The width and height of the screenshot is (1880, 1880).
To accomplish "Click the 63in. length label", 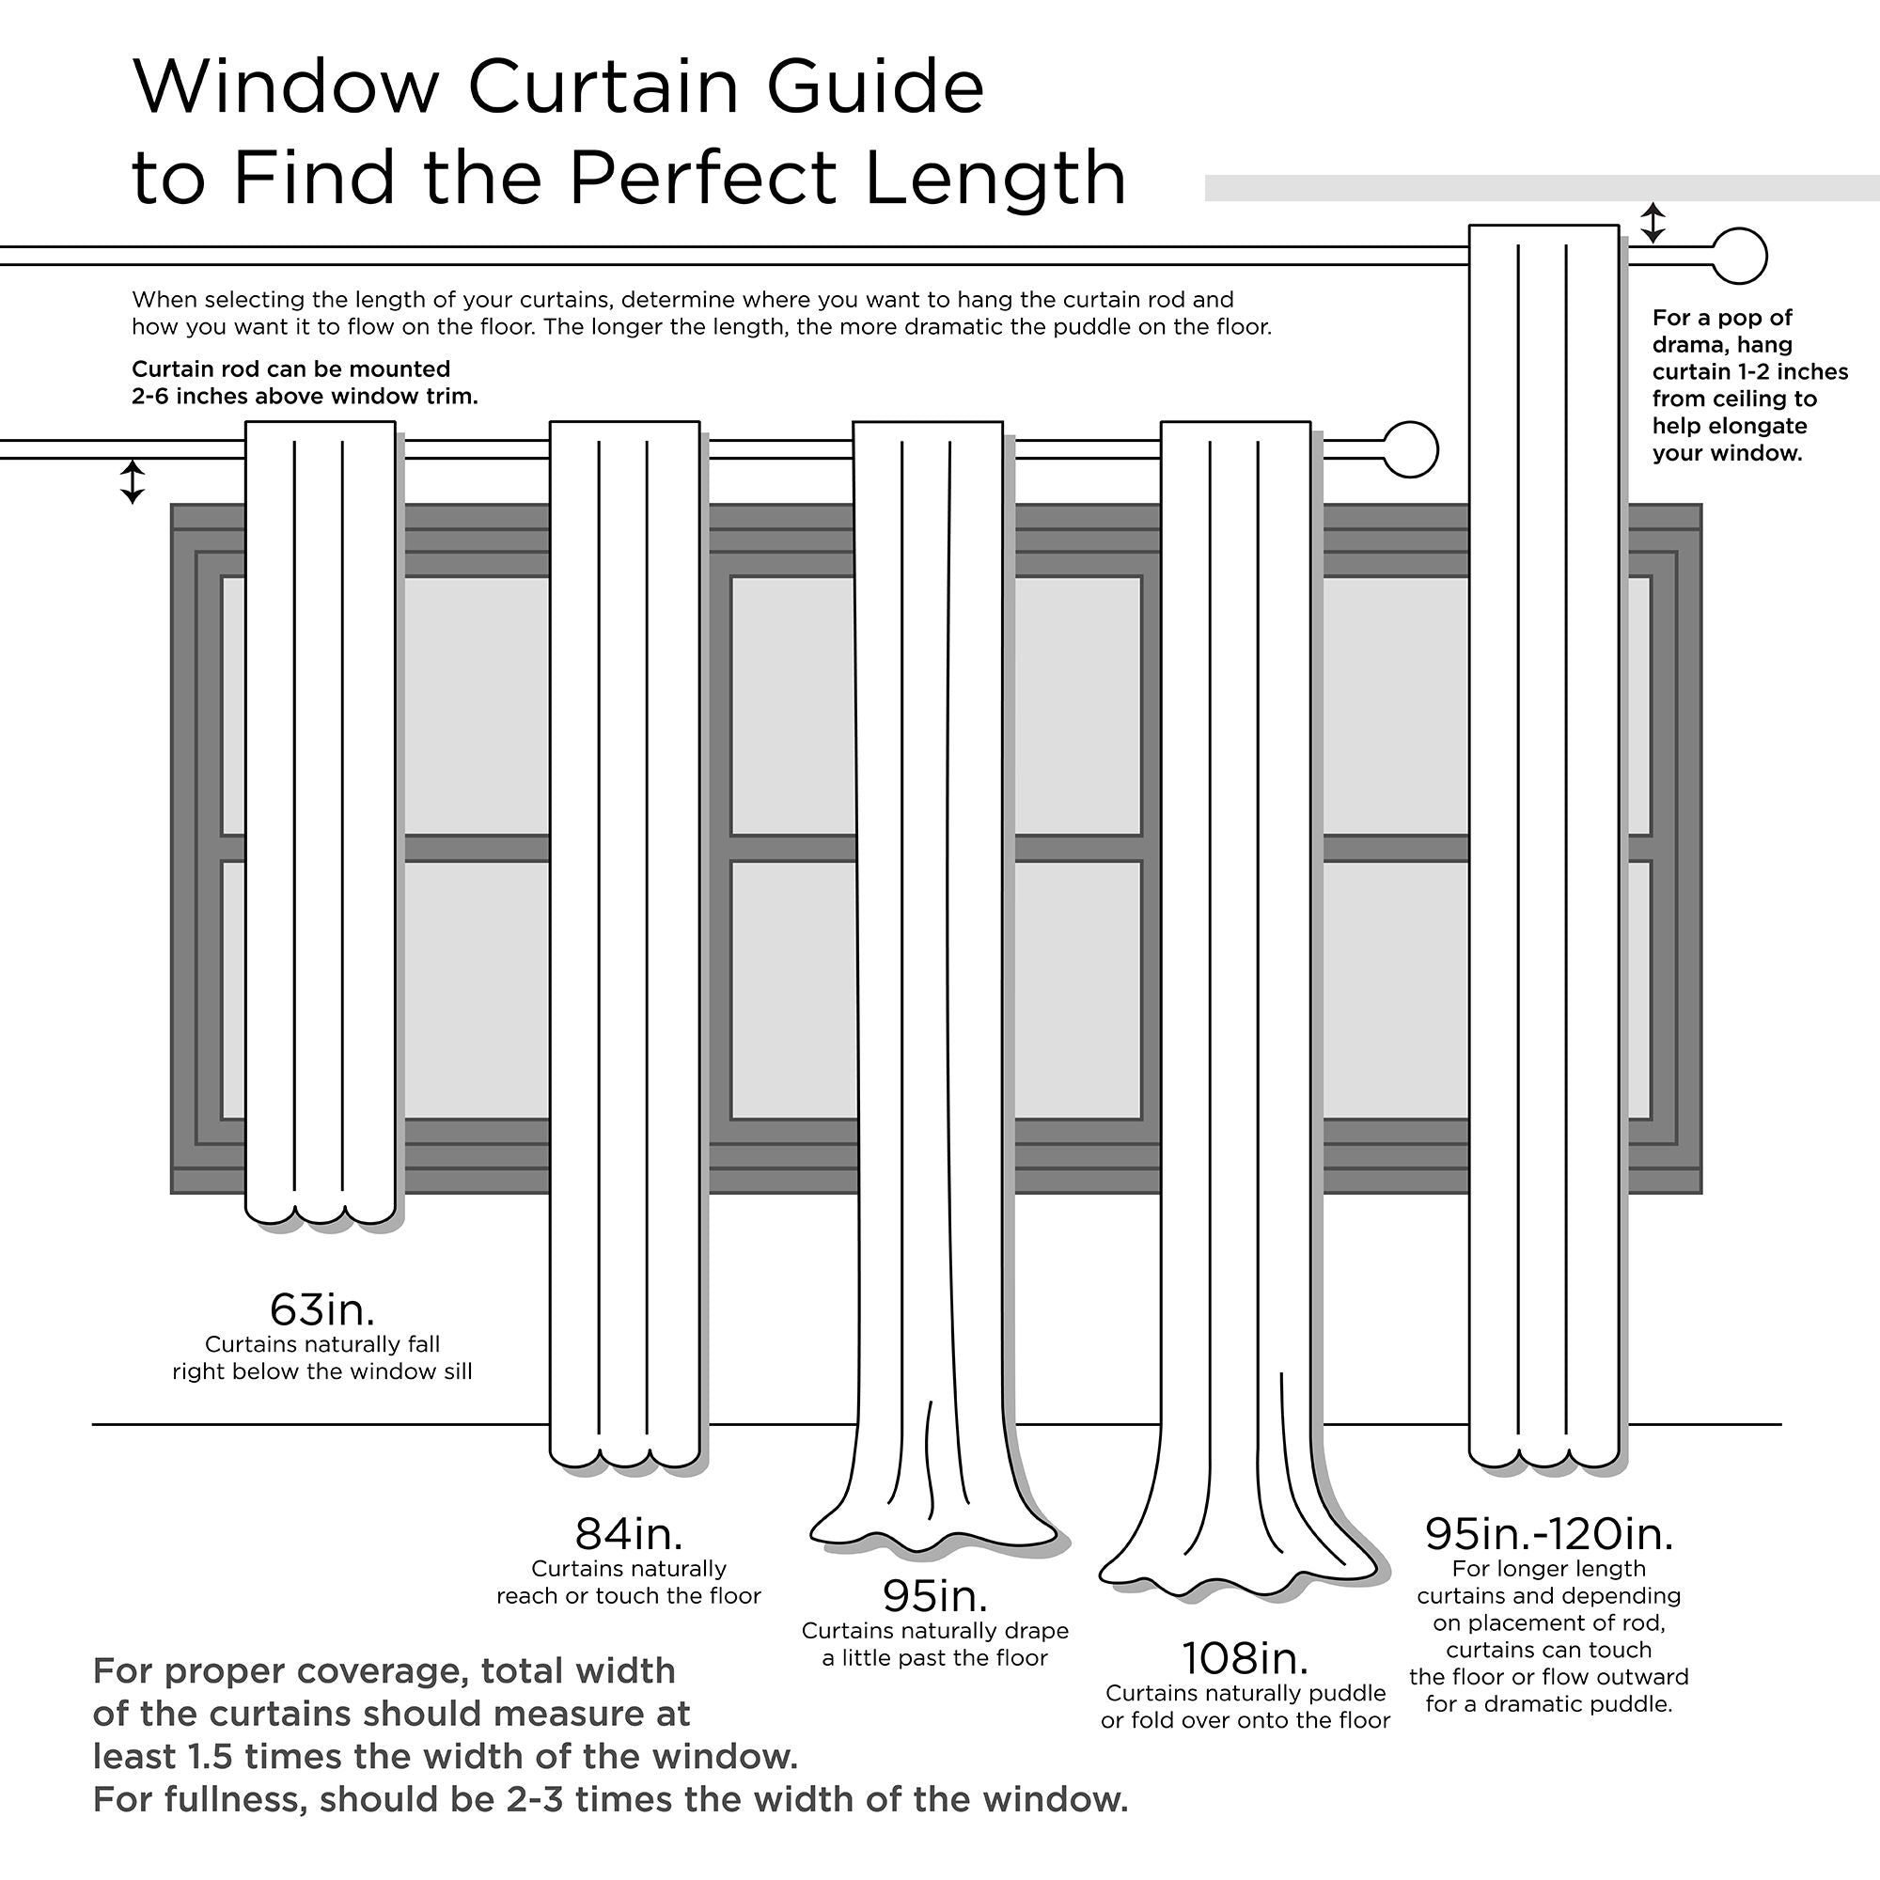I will (322, 1309).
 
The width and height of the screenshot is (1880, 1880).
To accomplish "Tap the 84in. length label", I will (629, 1535).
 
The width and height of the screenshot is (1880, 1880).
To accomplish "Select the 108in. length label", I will (1245, 1659).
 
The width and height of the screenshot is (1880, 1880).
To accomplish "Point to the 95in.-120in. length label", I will (1548, 1535).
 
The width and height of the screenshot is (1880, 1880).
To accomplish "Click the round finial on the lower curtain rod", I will (1410, 449).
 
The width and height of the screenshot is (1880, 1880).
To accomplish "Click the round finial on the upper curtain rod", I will (1739, 256).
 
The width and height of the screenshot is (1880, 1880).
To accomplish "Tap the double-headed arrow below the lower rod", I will (133, 481).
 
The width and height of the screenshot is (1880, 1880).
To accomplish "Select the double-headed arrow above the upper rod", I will (1653, 223).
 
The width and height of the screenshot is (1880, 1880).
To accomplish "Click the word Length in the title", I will (995, 178).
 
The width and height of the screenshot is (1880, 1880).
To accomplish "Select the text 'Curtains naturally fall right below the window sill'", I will (322, 1358).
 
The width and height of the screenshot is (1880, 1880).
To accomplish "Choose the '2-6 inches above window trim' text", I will (305, 396).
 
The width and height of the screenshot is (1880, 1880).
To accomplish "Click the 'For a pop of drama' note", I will (1748, 385).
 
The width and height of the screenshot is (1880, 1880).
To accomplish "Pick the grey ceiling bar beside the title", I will (1542, 188).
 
